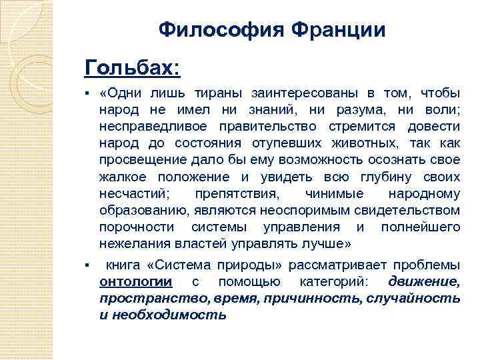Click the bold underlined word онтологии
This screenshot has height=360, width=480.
coord(135,281)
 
